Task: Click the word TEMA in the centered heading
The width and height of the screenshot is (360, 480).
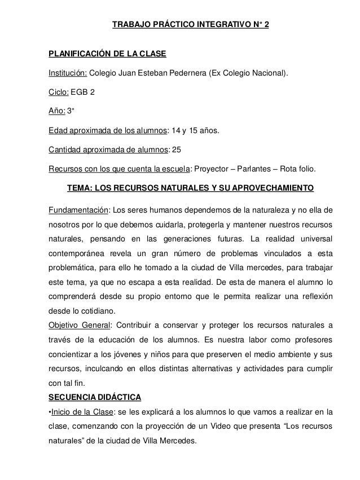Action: (x=81, y=188)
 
